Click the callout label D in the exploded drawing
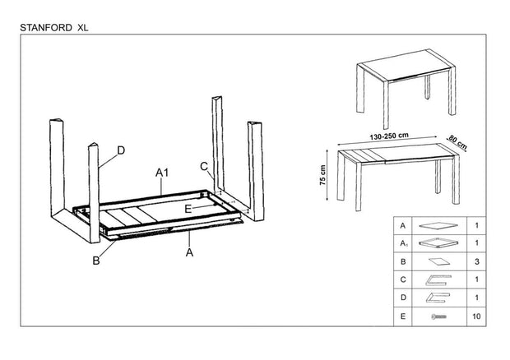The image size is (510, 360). (121, 150)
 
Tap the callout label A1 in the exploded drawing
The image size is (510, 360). (163, 173)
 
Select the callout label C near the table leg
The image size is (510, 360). (204, 165)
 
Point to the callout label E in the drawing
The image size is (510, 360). (188, 210)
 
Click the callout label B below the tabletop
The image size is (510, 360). (96, 261)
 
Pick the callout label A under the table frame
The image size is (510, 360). (189, 253)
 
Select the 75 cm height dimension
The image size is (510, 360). (324, 177)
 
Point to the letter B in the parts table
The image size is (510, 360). (401, 261)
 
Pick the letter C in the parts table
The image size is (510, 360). (401, 279)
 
